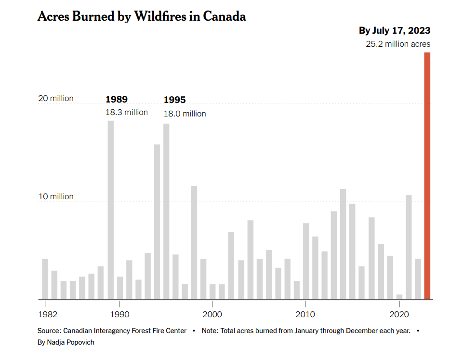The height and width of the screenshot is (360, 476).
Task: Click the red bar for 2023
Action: (427, 176)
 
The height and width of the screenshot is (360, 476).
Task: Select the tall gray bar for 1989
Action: (110, 210)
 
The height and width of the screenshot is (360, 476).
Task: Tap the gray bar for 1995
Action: (166, 211)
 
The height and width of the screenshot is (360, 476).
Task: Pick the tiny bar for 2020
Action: (399, 296)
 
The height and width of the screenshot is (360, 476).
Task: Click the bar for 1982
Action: (45, 279)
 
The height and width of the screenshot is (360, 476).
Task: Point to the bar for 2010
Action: (305, 261)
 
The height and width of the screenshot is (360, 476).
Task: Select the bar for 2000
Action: (212, 292)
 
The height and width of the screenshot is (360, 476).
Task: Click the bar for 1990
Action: (120, 288)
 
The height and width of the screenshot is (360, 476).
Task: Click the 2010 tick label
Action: (305, 314)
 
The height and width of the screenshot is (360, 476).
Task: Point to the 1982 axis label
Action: (47, 314)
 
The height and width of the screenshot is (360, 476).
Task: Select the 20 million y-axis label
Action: (56, 98)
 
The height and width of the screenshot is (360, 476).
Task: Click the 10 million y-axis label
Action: (56, 196)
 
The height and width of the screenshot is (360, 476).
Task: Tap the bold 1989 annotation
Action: (117, 100)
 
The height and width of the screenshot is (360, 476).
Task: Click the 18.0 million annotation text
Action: (185, 114)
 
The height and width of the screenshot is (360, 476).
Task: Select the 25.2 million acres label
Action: (397, 44)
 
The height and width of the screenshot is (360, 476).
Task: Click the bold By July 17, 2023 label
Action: (395, 31)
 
